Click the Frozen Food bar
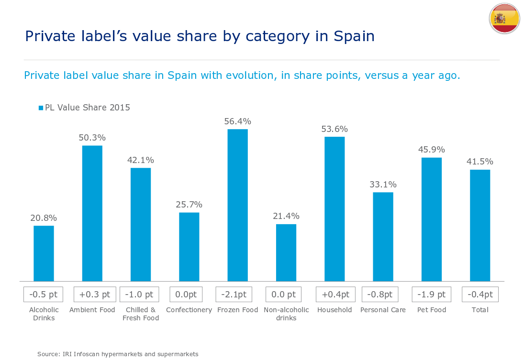pos(237,205)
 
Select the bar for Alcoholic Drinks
pos(44,253)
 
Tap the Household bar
pos(334,209)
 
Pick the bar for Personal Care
pos(383,237)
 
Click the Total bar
pos(480,225)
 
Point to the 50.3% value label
pos(92,138)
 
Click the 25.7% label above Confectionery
pos(189,205)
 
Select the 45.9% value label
pos(431,150)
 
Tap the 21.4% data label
pos(286,216)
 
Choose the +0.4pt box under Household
pos(334,295)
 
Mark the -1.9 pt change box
pos(432,295)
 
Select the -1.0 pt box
pos(140,295)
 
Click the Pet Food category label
pos(432,310)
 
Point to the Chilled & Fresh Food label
pos(140,314)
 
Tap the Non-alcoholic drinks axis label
pos(286,314)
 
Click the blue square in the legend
pos(41,108)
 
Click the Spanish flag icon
pos(504,19)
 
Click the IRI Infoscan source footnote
pos(118,354)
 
